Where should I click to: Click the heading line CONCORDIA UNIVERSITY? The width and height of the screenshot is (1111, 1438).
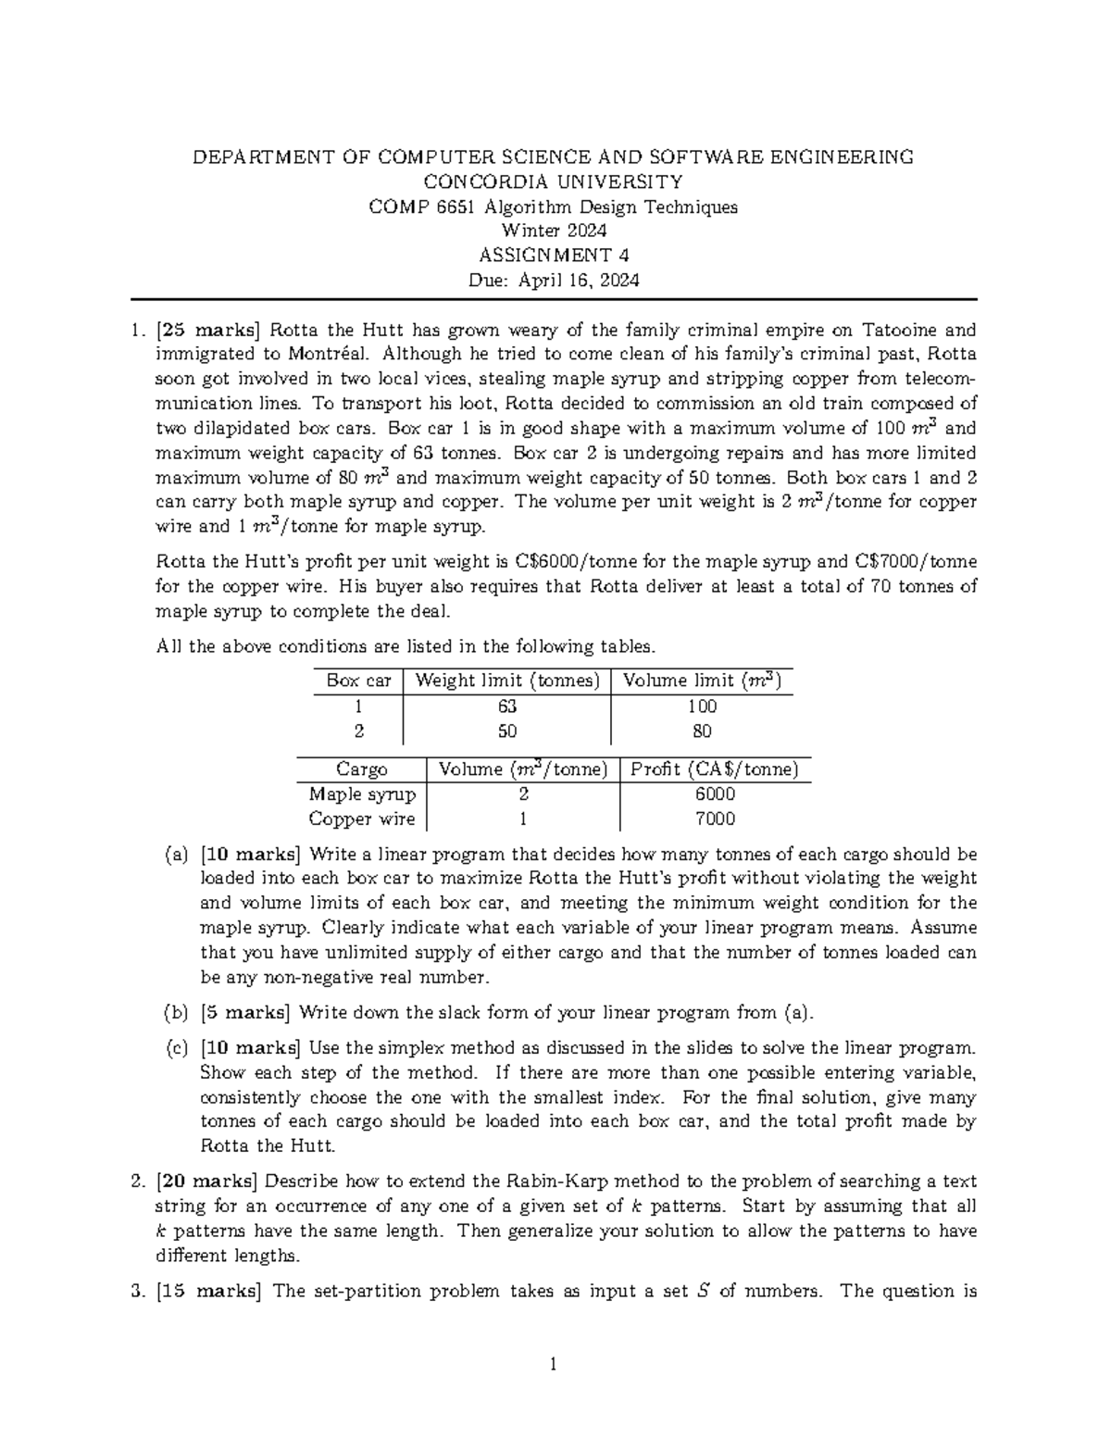click(x=553, y=181)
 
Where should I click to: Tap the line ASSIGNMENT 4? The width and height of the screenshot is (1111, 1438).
click(x=553, y=256)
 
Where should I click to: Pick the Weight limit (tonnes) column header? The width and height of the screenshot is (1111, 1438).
click(x=507, y=681)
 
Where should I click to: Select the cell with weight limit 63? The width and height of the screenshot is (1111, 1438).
click(x=506, y=706)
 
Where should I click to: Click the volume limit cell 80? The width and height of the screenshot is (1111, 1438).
click(x=702, y=732)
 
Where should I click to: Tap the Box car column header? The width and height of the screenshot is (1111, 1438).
click(x=358, y=681)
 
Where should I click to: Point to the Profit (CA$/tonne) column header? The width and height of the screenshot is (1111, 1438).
click(x=714, y=769)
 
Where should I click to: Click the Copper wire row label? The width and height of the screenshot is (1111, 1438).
click(x=361, y=819)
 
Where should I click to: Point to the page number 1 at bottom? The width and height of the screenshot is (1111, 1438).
click(x=553, y=1363)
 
